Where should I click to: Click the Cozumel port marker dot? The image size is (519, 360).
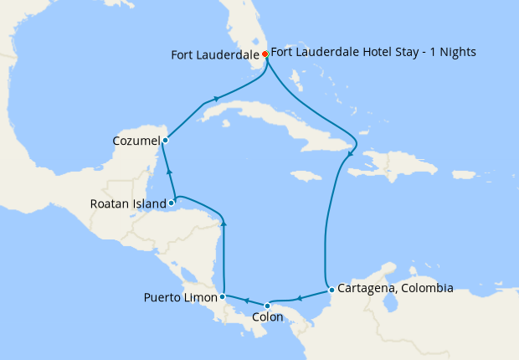point(166,140)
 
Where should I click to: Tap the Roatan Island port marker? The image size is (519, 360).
point(171,203)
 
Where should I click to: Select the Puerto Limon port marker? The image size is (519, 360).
point(222,296)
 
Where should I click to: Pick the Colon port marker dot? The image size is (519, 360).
point(267,306)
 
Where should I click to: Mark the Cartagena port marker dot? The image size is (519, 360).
point(331,290)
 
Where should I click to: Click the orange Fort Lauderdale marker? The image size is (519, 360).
point(265,54)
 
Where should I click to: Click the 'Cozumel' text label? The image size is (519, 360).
point(136,141)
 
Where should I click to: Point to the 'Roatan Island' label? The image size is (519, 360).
point(128,203)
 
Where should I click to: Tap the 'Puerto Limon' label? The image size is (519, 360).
point(180,297)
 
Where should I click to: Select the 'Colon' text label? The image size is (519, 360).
point(267,318)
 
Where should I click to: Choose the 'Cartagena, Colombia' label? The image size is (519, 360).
point(394,289)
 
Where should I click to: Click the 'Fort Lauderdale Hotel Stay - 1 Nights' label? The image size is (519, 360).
point(373,52)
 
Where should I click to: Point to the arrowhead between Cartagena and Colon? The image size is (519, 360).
point(299,297)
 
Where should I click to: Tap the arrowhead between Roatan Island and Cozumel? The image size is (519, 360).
point(169,172)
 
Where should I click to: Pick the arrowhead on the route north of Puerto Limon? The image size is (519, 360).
point(223,223)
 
